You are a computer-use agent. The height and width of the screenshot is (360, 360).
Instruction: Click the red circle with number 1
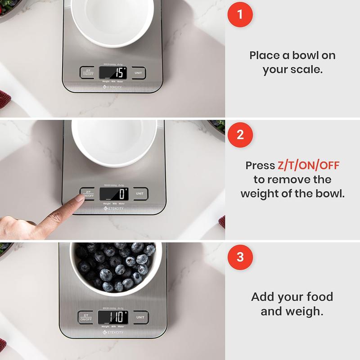coord(240,14)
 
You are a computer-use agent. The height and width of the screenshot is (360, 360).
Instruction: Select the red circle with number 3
coord(240,257)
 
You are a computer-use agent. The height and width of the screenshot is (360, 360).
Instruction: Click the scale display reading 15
coord(112,72)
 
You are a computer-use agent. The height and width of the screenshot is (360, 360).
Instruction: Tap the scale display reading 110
coord(113,317)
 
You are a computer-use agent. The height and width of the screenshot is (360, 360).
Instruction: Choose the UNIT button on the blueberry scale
coord(141,317)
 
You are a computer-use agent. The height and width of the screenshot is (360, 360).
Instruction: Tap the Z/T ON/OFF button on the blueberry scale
coord(85,317)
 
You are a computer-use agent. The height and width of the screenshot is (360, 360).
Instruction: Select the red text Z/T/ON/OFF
coord(308,166)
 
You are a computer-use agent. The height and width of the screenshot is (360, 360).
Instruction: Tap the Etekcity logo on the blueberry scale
coord(113,332)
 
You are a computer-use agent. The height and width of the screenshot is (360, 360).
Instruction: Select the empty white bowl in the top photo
coord(112,20)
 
